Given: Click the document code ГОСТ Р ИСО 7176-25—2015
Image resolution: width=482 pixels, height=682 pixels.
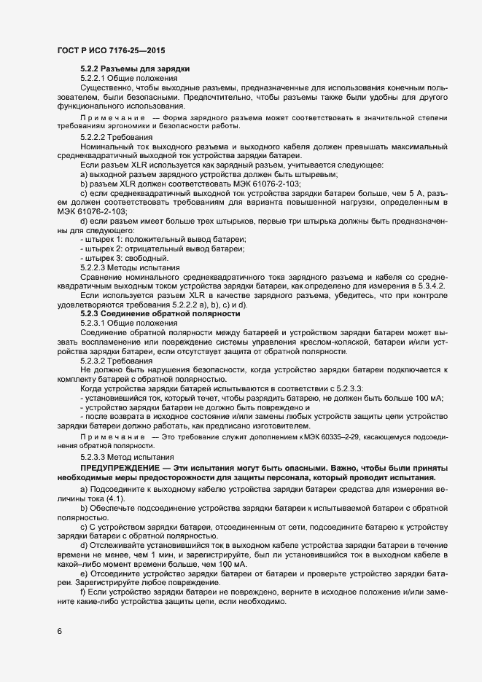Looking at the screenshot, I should pyautogui.click(x=111, y=51).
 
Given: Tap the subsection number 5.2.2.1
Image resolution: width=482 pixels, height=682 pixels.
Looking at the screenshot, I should pyautogui.click(x=93, y=78).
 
